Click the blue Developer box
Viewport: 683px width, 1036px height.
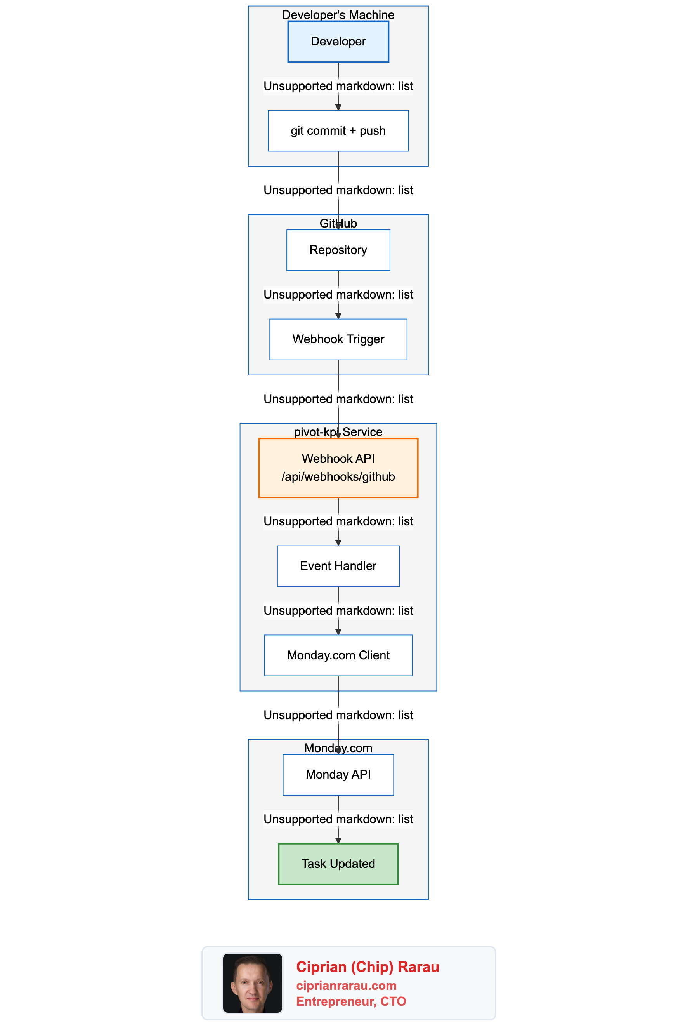click(338, 42)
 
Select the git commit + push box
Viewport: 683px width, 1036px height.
click(338, 131)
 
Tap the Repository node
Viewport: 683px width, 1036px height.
click(338, 250)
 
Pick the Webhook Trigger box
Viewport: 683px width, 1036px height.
click(338, 339)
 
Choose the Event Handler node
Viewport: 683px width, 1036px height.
click(338, 566)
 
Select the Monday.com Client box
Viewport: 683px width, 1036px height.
click(338, 655)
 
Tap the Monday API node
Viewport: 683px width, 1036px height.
click(338, 775)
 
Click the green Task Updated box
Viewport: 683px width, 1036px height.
click(338, 864)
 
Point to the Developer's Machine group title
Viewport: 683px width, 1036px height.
click(338, 15)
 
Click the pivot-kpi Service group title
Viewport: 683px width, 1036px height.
click(338, 432)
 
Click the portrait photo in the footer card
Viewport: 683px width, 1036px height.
click(252, 983)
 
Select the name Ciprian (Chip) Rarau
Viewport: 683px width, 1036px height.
click(367, 967)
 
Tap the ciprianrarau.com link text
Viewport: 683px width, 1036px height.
click(346, 986)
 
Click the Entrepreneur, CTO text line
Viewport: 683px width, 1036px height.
click(351, 1001)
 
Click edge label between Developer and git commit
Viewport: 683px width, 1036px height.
click(338, 86)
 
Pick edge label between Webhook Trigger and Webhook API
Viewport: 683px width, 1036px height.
click(338, 399)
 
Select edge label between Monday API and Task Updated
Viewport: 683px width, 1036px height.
click(338, 819)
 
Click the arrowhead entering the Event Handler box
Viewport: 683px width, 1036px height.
click(338, 542)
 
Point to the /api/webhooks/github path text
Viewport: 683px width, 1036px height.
click(338, 477)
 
